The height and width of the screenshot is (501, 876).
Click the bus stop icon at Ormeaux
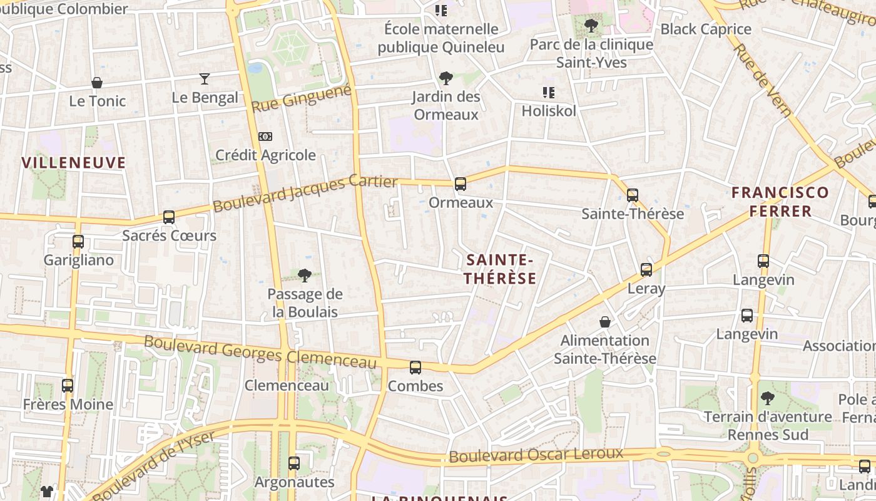pos(461,184)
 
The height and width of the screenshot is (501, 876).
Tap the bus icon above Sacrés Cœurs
pos(169,217)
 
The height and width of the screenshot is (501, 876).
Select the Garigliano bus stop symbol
pos(78,242)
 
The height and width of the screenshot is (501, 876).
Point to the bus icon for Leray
pos(646,270)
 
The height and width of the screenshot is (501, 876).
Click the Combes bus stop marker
pos(415,368)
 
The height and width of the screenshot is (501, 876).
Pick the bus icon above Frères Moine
pos(68,386)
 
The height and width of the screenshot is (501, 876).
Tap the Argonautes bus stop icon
pos(294,463)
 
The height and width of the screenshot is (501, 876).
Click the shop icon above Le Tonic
pos(97,83)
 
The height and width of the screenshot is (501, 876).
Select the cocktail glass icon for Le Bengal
pos(205,79)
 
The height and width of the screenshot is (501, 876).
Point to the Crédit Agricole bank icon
pos(265,137)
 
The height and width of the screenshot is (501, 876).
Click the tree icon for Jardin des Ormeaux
pos(446,78)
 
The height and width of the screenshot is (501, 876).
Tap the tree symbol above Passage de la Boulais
pos(305,275)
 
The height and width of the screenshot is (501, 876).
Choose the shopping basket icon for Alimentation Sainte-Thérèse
pos(605,322)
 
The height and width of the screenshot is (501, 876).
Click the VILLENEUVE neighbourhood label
pos(74,163)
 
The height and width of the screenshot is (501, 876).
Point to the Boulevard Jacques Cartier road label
pos(305,194)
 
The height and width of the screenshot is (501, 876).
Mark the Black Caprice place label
pos(706,29)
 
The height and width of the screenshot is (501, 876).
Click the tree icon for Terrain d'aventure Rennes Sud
pos(767,398)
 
